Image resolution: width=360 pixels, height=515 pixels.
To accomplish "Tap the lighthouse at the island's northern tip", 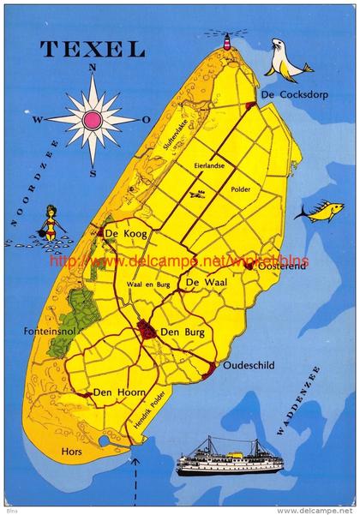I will pyautogui.click(x=228, y=40).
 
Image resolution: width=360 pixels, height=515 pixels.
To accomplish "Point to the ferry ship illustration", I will pyautogui.click(x=229, y=457).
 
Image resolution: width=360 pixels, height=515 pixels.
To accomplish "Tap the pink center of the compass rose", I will pyautogui.click(x=92, y=119).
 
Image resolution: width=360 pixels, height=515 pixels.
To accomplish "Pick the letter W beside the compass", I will pyautogui.click(x=38, y=121).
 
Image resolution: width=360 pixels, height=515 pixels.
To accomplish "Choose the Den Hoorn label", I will pyautogui.click(x=115, y=393).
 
